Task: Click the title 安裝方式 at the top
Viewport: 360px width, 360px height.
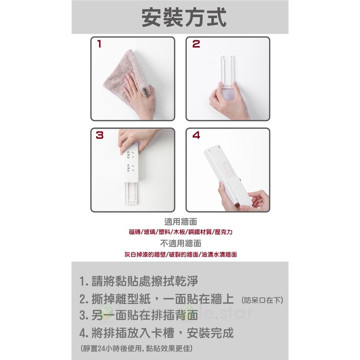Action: pyautogui.click(x=184, y=18)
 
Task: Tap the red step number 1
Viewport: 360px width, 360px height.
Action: pyautogui.click(x=99, y=44)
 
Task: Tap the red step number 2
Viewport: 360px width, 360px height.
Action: pyautogui.click(x=196, y=44)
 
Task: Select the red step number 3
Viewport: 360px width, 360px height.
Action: pyautogui.click(x=100, y=135)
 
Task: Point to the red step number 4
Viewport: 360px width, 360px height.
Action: pyautogui.click(x=196, y=135)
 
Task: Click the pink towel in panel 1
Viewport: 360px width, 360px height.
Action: pyautogui.click(x=124, y=73)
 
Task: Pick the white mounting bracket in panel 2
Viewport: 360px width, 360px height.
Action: pyautogui.click(x=228, y=72)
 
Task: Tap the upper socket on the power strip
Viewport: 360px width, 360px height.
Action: pyautogui.click(x=130, y=155)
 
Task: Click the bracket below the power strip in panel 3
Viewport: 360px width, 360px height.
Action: pyautogui.click(x=131, y=193)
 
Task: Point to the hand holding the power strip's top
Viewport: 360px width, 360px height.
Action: pyautogui.click(x=131, y=140)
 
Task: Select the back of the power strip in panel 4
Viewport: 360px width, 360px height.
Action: pyautogui.click(x=226, y=176)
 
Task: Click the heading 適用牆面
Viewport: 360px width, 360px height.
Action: pyautogui.click(x=180, y=222)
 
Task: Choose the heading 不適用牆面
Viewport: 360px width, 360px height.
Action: pyautogui.click(x=180, y=243)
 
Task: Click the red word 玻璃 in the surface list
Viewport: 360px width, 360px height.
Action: pyautogui.click(x=150, y=232)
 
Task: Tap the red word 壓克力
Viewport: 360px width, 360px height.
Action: pyautogui.click(x=224, y=232)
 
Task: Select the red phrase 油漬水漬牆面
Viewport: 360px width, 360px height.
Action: pyautogui.click(x=219, y=254)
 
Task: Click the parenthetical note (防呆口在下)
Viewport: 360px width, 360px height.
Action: pyautogui.click(x=262, y=300)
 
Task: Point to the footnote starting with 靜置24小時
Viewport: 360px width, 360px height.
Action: pyautogui.click(x=137, y=348)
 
